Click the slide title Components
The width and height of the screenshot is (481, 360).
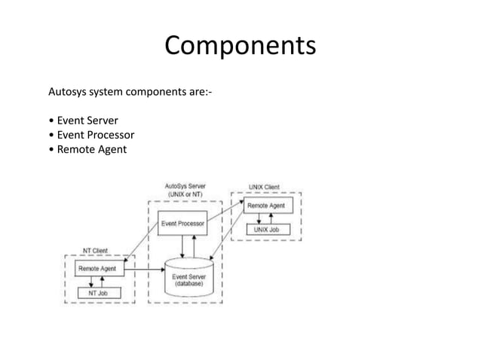pyautogui.click(x=240, y=47)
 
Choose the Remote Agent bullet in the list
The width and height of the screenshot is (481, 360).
pyautogui.click(x=88, y=149)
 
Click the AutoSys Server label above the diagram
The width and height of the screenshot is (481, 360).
pyautogui.click(x=185, y=185)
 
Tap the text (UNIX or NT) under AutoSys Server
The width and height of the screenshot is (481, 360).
pyautogui.click(x=185, y=194)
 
